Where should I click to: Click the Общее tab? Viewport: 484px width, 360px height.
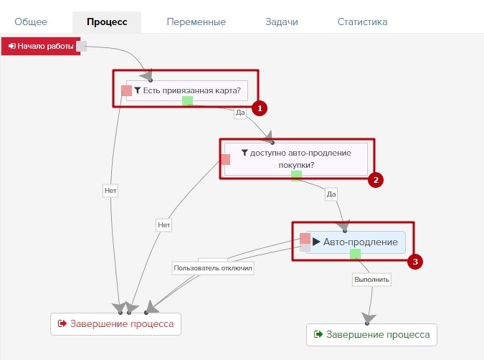[x=31, y=22]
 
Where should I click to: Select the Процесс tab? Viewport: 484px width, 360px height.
[x=107, y=22]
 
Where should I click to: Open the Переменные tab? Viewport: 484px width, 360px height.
[x=196, y=22]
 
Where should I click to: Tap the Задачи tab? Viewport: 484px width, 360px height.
[x=282, y=22]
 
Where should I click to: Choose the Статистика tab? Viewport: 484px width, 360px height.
[x=362, y=22]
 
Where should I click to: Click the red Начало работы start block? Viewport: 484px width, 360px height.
[x=41, y=47]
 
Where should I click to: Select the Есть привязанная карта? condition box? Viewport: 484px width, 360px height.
[x=187, y=91]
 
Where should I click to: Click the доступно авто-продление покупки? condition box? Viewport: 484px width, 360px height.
[x=296, y=159]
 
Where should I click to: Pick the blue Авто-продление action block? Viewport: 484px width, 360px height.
[x=355, y=242]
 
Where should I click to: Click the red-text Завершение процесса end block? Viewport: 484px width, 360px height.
[x=115, y=324]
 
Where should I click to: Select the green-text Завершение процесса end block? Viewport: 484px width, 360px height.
[x=371, y=335]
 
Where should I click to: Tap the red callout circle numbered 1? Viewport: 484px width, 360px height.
[x=260, y=108]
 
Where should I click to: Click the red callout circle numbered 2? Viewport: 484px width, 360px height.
[x=376, y=180]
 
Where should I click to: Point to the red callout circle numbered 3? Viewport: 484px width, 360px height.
[x=415, y=262]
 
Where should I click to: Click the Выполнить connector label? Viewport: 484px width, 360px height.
[x=371, y=280]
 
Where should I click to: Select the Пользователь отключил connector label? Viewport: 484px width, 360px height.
[x=213, y=268]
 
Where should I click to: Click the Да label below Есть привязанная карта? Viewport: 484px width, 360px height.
[x=240, y=113]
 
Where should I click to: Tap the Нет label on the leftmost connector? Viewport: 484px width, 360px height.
[x=110, y=191]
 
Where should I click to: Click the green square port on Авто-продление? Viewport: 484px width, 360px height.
[x=355, y=254]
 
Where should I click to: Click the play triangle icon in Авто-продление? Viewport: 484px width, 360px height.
[x=316, y=242]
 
